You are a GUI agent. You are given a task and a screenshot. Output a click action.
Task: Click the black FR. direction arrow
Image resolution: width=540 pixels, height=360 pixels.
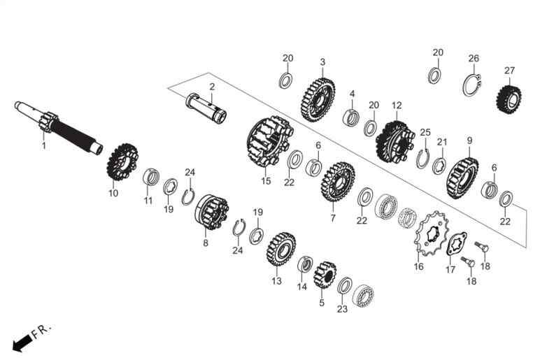(22, 343)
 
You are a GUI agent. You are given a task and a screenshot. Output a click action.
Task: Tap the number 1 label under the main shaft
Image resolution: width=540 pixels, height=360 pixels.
(44, 146)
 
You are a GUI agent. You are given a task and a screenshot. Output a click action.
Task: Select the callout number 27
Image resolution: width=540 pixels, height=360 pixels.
(509, 71)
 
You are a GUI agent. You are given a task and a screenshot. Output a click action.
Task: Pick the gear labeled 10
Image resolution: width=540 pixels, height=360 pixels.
(122, 161)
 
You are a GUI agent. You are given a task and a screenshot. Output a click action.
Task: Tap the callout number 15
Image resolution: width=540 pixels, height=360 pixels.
(266, 180)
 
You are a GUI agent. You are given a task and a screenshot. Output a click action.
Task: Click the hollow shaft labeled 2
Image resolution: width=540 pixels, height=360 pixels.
(206, 107)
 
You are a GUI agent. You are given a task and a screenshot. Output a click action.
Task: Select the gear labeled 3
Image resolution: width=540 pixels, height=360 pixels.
(318, 100)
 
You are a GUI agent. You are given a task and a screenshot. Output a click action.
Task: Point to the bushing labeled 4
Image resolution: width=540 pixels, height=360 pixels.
(351, 117)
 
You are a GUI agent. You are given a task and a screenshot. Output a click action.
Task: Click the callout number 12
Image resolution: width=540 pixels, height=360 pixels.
(397, 106)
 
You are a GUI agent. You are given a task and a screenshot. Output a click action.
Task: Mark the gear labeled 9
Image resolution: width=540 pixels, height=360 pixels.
(462, 178)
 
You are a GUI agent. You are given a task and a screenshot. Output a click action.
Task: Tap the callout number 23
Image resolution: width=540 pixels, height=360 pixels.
(342, 309)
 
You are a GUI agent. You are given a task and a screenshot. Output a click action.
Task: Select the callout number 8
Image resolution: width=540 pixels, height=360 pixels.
(206, 243)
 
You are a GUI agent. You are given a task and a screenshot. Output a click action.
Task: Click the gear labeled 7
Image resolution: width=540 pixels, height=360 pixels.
(337, 181)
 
